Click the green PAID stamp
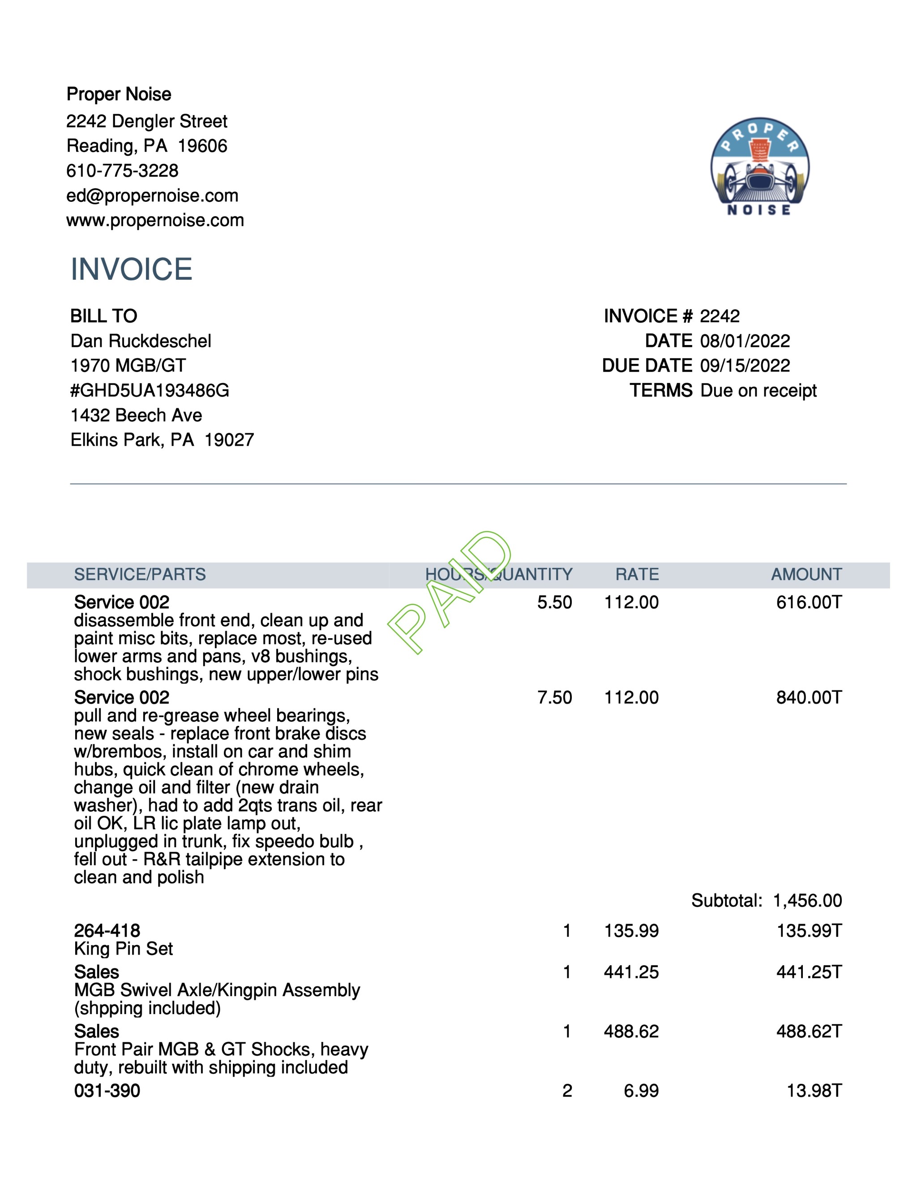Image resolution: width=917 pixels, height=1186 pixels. [450, 593]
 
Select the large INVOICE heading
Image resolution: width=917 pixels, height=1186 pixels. [132, 269]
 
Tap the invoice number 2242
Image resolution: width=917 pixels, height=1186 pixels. [719, 316]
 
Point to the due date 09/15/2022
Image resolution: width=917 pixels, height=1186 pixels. [745, 366]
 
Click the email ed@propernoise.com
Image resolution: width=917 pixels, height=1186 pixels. [152, 196]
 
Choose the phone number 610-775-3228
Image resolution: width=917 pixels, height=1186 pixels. [122, 171]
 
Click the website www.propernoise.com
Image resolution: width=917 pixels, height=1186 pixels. [155, 221]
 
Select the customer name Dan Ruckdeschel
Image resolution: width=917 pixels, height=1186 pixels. [141, 341]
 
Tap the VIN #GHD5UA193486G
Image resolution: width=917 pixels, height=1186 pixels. [150, 390]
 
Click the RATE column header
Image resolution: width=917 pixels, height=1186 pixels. [637, 575]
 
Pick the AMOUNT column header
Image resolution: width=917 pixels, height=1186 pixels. [806, 575]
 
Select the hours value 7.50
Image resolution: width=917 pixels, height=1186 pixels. [554, 697]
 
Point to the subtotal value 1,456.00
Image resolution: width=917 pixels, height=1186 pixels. [807, 900]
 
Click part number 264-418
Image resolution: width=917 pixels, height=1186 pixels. [107, 931]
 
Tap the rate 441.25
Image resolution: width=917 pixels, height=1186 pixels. [631, 972]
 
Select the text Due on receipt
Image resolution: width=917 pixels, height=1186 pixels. [758, 390]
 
